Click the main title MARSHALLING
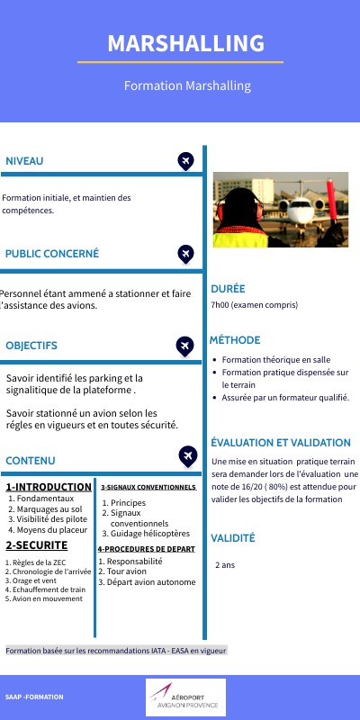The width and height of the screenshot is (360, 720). pos(185,43)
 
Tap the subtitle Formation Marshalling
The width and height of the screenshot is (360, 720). pos(187,86)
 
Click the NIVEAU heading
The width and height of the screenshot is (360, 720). pos(24,161)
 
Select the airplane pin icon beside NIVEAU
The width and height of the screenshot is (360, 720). pos(185,161)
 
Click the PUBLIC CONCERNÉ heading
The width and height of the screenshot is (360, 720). pos(52,254)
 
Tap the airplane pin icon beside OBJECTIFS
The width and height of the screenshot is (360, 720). pos(184,346)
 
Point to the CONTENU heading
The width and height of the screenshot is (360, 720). pos(31,461)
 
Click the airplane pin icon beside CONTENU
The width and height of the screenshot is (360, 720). pos(187,456)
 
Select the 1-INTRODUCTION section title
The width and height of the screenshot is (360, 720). pos(49,487)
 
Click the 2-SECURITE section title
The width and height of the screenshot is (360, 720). pos(37,545)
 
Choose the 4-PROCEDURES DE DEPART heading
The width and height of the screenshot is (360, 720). pos(146,549)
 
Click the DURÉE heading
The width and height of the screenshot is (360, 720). pos(228,289)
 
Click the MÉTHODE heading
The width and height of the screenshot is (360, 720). pos(235,340)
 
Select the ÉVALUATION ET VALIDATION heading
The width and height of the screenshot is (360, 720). pos(281,443)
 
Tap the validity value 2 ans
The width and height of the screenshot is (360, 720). pos(225,565)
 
